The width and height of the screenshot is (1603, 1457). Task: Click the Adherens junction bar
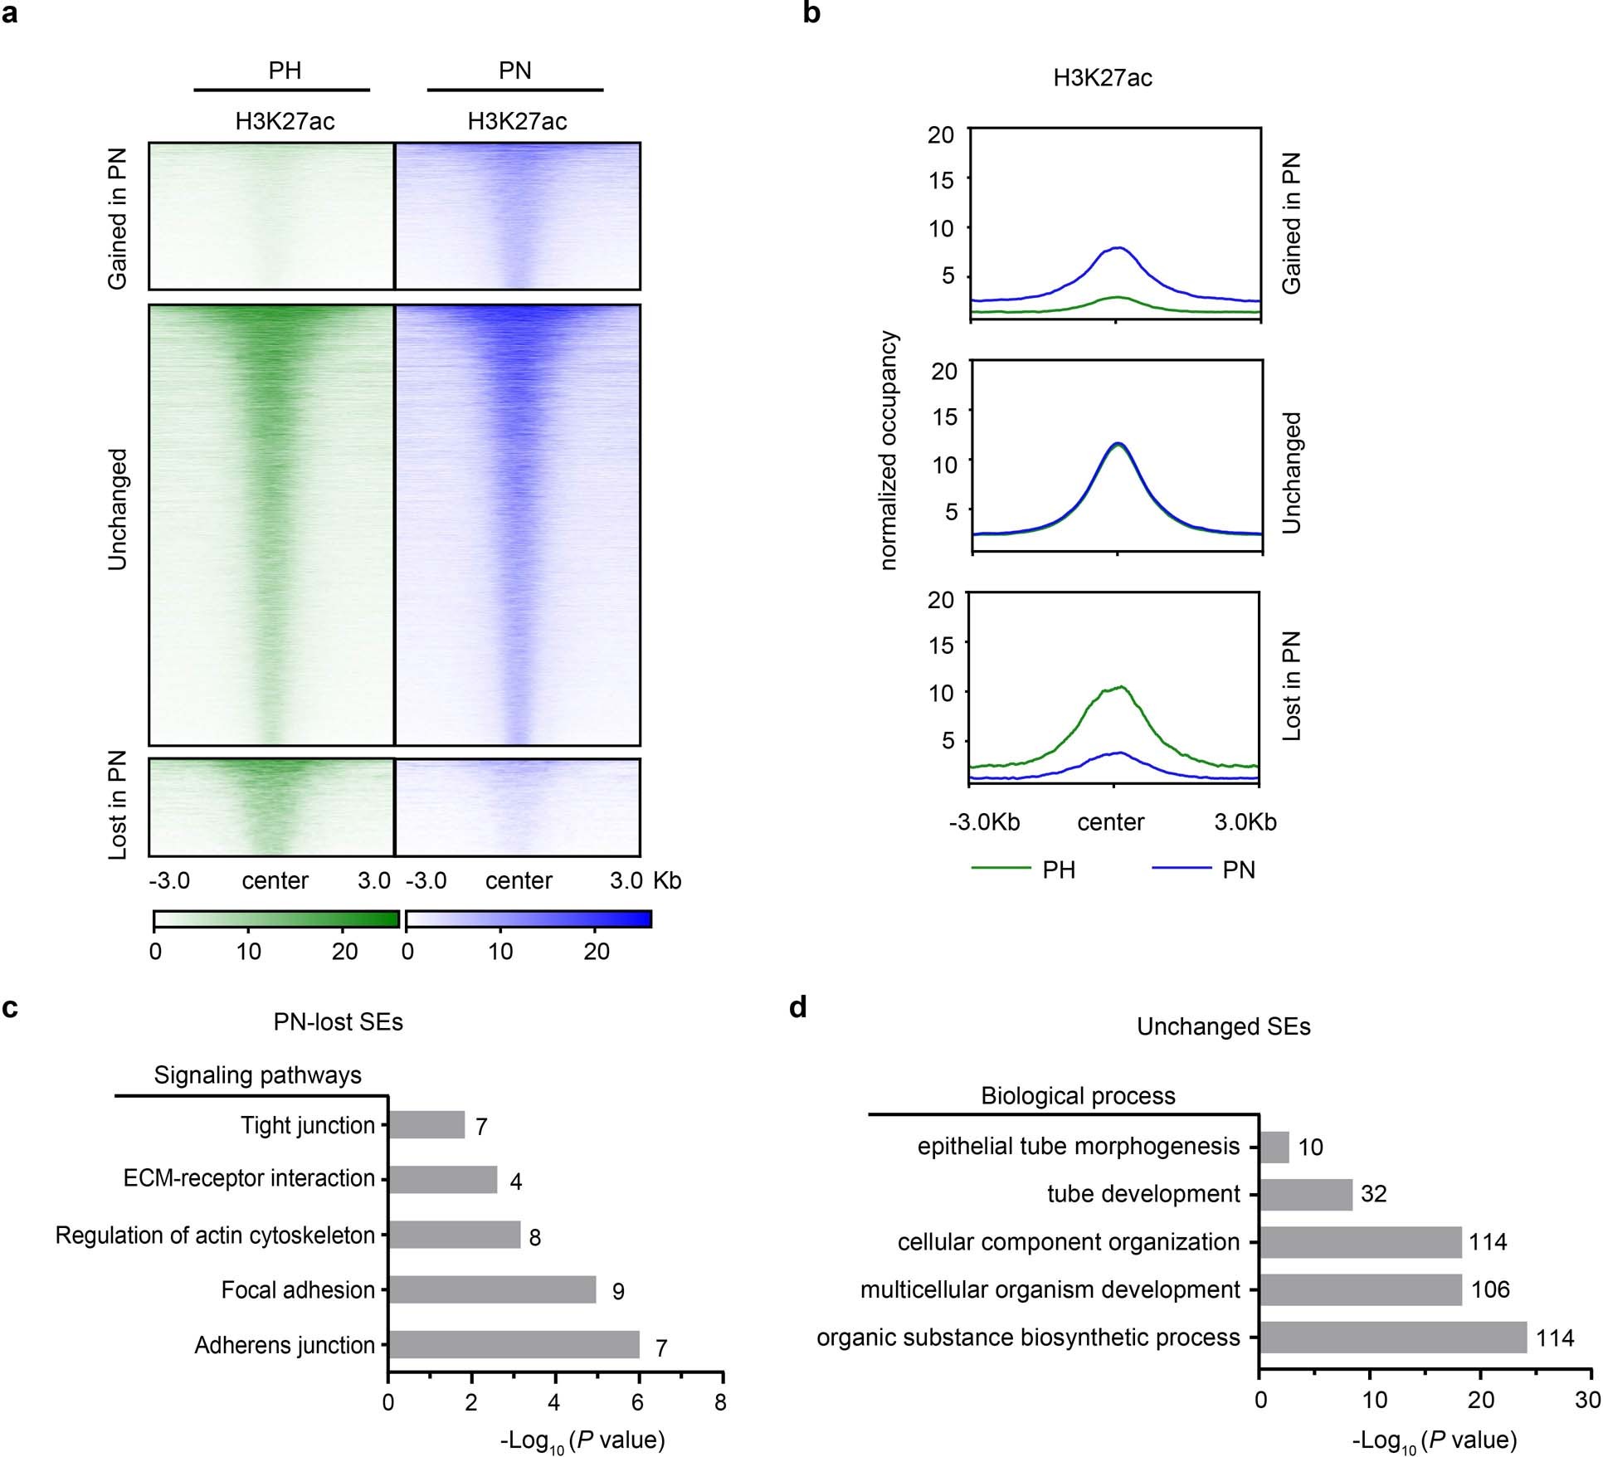point(514,1344)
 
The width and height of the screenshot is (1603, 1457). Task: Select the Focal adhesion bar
point(492,1289)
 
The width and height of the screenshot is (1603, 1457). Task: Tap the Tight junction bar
point(426,1125)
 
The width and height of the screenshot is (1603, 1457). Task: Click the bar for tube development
point(1306,1194)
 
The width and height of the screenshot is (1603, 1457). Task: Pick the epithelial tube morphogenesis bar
point(1274,1147)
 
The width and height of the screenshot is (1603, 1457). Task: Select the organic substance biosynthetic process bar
point(1393,1337)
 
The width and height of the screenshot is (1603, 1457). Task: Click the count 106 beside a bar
point(1490,1289)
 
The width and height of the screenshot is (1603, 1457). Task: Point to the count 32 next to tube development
point(1374,1194)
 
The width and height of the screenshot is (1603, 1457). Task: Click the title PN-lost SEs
point(339,1021)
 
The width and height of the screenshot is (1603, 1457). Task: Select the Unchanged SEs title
point(1223,1026)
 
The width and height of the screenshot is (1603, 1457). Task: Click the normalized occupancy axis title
point(889,451)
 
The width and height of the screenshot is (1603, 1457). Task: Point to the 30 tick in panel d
point(1587,1401)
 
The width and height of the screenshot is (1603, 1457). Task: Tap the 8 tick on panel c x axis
point(720,1402)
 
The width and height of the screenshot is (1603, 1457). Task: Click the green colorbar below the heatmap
point(276,919)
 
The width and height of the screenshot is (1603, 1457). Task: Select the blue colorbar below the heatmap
point(529,919)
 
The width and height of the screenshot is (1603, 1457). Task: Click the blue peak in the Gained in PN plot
point(1117,248)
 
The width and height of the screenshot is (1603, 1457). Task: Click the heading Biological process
point(1078,1096)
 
